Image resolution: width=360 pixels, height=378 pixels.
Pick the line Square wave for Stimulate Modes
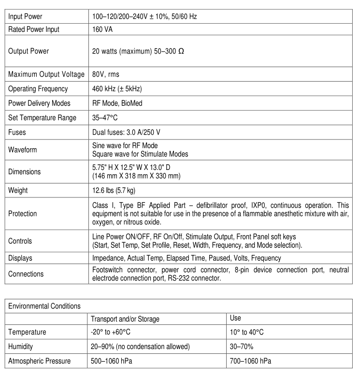[140, 154]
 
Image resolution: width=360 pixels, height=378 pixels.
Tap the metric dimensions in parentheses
[136, 176]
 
